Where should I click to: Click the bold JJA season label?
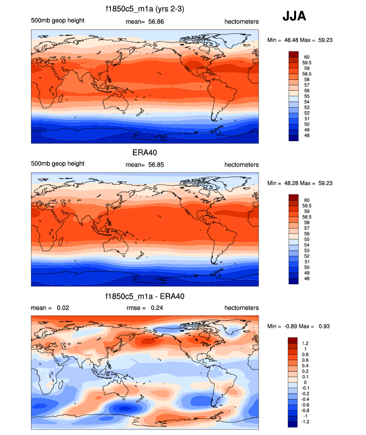[295, 16]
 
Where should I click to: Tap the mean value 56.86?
[150, 21]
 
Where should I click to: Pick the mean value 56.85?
[150, 165]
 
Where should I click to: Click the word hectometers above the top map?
[241, 21]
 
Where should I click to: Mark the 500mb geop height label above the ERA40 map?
[57, 164]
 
